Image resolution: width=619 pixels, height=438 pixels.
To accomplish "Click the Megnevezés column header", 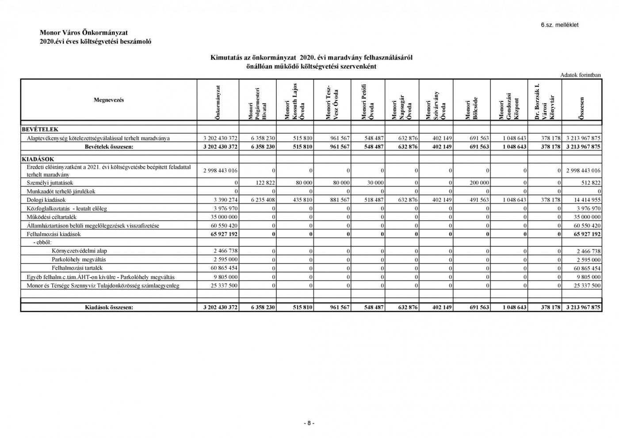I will point(109,100).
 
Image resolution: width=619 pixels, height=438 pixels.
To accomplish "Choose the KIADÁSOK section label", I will point(38,159).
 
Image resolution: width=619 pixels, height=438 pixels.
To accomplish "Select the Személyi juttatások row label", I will point(50,182).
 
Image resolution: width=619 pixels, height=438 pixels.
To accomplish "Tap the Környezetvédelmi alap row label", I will point(79,251).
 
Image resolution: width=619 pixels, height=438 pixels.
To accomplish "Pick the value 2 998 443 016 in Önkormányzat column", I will point(220,171).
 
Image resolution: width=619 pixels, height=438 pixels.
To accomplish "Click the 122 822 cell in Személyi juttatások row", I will point(264,182).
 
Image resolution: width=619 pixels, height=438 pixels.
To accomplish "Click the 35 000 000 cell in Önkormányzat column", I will point(225,217).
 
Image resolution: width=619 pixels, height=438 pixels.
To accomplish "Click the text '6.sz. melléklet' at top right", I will point(559,25).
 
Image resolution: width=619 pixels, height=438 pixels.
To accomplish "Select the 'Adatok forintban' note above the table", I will point(581,75).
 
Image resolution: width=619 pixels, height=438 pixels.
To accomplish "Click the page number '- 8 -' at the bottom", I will point(309,423).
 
